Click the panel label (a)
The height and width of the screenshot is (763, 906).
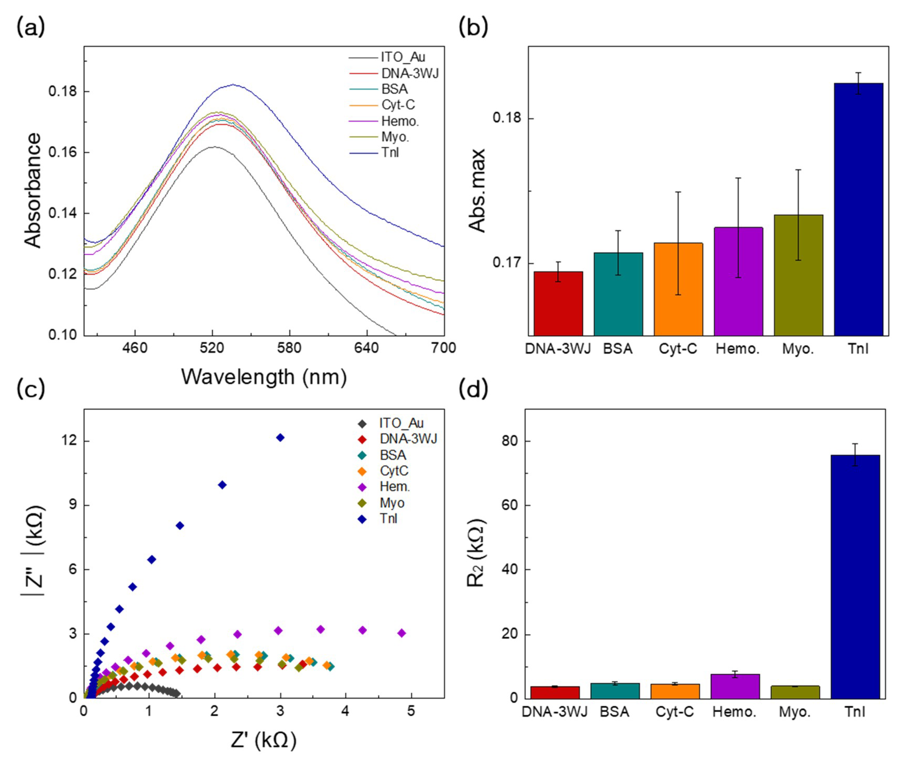coord(30,28)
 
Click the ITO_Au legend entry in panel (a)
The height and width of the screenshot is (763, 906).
coord(402,57)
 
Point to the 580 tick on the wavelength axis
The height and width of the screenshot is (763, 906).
coord(289,348)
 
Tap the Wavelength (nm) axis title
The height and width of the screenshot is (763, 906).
coord(264,377)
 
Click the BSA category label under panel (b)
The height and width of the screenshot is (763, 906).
coord(618,349)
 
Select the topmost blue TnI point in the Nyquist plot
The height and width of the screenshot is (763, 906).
coord(280,438)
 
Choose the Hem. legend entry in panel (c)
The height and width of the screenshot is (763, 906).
coord(394,487)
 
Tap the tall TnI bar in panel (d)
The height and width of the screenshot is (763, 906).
coord(855,577)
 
